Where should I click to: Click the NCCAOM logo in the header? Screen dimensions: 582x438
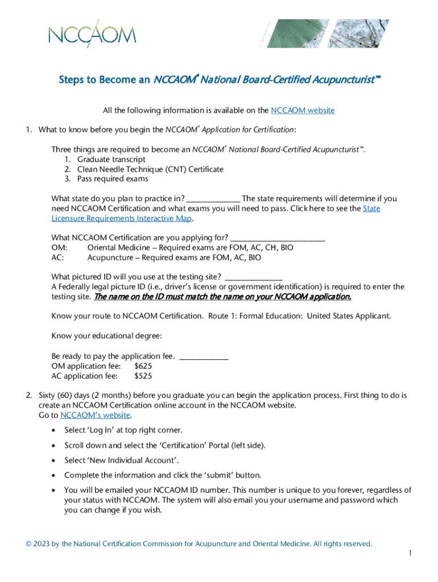(x=93, y=33)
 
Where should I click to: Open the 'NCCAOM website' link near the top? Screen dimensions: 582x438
(x=303, y=110)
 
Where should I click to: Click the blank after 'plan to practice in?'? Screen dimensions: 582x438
(x=213, y=199)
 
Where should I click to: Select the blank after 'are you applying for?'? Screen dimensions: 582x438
(x=278, y=238)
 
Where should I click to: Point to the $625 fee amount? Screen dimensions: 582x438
(x=143, y=366)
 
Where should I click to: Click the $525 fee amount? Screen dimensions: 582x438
(x=143, y=376)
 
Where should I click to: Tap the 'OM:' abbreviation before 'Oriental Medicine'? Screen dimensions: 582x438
(x=59, y=248)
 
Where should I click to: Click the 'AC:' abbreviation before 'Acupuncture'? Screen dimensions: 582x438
(x=59, y=257)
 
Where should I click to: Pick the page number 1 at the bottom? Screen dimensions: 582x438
(x=410, y=553)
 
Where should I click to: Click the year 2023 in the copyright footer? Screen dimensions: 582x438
(x=41, y=544)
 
